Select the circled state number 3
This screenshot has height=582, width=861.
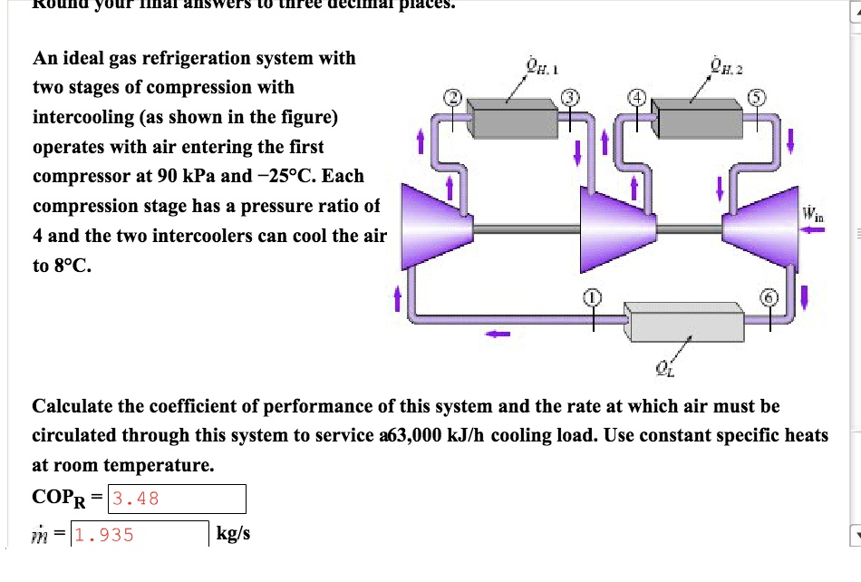(x=570, y=97)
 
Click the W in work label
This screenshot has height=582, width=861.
(x=811, y=215)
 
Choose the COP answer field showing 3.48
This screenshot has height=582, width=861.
(x=176, y=498)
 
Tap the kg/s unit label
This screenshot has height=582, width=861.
(x=233, y=534)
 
